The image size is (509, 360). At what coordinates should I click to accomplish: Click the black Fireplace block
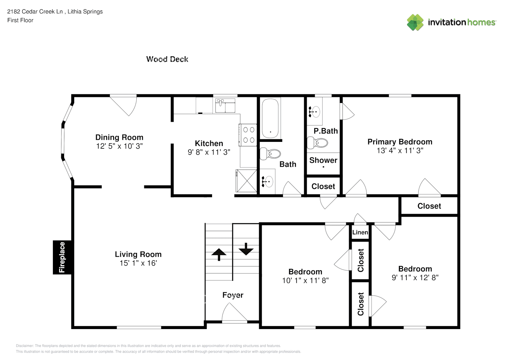(x=62, y=257)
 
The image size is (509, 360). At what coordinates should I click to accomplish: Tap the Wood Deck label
(x=167, y=59)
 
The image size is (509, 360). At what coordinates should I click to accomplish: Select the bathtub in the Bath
(x=270, y=118)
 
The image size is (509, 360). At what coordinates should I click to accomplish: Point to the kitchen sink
(x=225, y=105)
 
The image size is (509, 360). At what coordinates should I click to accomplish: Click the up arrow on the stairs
(x=219, y=254)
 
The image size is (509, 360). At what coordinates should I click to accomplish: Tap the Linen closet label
(x=360, y=233)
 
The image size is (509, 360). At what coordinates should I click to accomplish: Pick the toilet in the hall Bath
(x=270, y=154)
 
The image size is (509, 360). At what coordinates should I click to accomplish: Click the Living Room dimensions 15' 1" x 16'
(x=138, y=264)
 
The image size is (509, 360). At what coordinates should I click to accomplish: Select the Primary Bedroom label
(x=400, y=142)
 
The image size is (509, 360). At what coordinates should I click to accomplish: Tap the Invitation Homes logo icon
(x=415, y=22)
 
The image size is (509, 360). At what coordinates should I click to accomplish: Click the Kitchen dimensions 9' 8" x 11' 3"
(x=209, y=152)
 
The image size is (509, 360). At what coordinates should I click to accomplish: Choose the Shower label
(x=323, y=161)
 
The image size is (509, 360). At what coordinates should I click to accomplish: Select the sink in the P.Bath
(x=315, y=112)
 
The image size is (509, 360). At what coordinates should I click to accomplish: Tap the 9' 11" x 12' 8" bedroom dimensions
(x=415, y=278)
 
